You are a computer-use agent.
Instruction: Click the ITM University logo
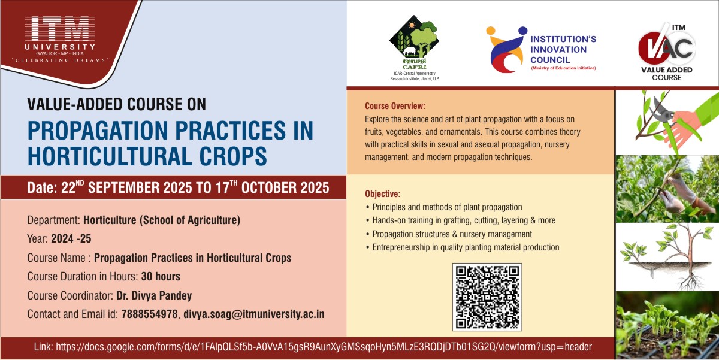[60, 38]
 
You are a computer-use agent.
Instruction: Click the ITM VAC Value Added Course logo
[667, 52]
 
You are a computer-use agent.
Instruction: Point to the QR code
[487, 297]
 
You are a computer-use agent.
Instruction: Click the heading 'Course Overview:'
[395, 106]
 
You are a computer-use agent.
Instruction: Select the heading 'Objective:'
[383, 194]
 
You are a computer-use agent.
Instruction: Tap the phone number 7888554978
[149, 314]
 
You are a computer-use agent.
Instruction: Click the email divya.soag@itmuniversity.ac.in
[254, 314]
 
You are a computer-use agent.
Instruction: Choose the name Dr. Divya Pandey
[154, 295]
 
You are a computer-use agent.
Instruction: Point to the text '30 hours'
[161, 276]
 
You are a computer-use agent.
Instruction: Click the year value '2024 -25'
[71, 239]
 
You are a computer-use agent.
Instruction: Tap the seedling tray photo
[667, 325]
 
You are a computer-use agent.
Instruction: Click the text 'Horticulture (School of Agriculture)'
[162, 220]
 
